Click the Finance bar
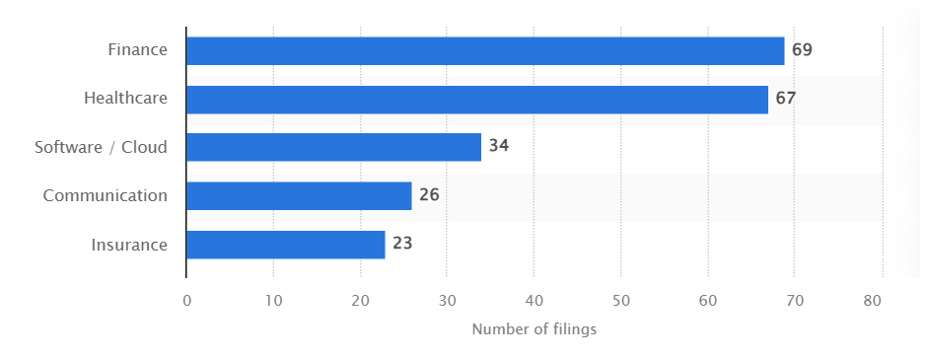485,51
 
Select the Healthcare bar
477,100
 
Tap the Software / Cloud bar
333,147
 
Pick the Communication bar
299,195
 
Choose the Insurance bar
286,244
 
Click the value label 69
802,50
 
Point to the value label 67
785,99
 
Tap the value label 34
499,147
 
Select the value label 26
429,195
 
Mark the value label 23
402,244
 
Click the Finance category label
138,50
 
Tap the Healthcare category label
125,99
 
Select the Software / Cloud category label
101,147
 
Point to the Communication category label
106,195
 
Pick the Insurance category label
129,244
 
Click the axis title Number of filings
534,329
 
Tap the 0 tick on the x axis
186,301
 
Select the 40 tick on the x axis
534,301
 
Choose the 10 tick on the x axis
273,301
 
